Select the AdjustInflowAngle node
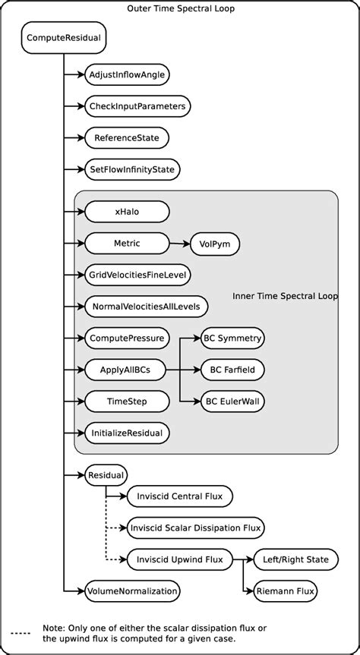[x=127, y=74]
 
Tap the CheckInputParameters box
[x=137, y=105]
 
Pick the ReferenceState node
[x=126, y=137]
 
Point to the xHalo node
[x=126, y=212]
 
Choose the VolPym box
[x=215, y=244]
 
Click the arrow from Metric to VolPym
[x=179, y=244]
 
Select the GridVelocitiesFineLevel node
[x=137, y=275]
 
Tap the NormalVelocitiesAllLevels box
[x=146, y=306]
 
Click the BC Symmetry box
[x=232, y=338]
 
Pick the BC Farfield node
[x=232, y=370]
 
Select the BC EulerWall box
[x=232, y=401]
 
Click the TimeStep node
[x=126, y=401]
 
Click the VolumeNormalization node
[x=132, y=590]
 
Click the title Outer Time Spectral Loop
[x=180, y=8]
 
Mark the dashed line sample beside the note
[x=21, y=632]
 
